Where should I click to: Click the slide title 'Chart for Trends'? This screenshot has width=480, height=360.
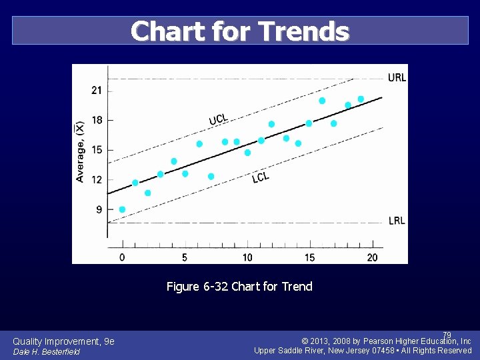click(x=240, y=31)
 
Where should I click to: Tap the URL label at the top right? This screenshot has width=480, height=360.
click(x=397, y=77)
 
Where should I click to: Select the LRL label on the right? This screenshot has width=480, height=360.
click(x=397, y=221)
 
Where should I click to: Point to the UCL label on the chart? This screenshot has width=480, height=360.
click(x=218, y=119)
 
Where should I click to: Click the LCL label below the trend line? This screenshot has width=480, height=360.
click(x=261, y=177)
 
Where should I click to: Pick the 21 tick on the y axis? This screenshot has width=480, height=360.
click(x=97, y=90)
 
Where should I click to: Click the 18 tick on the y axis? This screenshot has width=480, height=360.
click(x=97, y=120)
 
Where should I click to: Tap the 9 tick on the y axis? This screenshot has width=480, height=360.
click(x=99, y=209)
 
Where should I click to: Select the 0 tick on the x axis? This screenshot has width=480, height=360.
click(x=121, y=257)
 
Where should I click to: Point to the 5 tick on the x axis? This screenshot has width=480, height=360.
click(x=184, y=257)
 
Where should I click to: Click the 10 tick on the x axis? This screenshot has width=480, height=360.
click(x=247, y=257)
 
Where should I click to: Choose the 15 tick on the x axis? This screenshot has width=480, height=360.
click(x=309, y=257)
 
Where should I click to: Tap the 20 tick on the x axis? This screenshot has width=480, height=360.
click(x=372, y=257)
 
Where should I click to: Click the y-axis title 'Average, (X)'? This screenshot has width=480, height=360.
click(x=80, y=151)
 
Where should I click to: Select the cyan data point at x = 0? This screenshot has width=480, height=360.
click(x=122, y=209)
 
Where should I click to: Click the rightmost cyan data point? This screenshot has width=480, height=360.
click(x=361, y=99)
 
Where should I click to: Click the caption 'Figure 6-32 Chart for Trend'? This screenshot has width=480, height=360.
click(x=239, y=287)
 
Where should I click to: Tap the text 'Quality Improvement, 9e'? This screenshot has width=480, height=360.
click(x=63, y=341)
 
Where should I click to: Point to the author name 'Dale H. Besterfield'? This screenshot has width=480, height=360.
click(x=47, y=351)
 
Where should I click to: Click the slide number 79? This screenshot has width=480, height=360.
click(x=447, y=335)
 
